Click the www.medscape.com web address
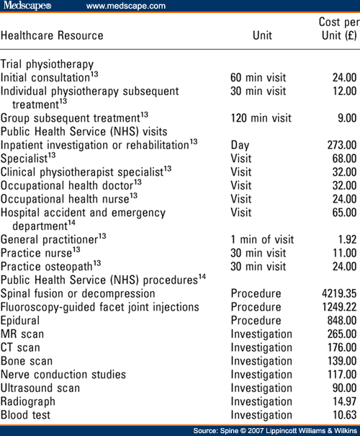(x=125, y=6)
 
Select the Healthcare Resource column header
(x=52, y=35)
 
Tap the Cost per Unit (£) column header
(x=337, y=29)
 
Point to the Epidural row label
(x=20, y=321)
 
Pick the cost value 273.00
(x=338, y=145)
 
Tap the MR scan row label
(x=22, y=334)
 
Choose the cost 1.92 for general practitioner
(x=343, y=239)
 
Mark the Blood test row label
(x=25, y=415)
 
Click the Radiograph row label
(x=28, y=401)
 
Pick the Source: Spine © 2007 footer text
(x=274, y=430)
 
